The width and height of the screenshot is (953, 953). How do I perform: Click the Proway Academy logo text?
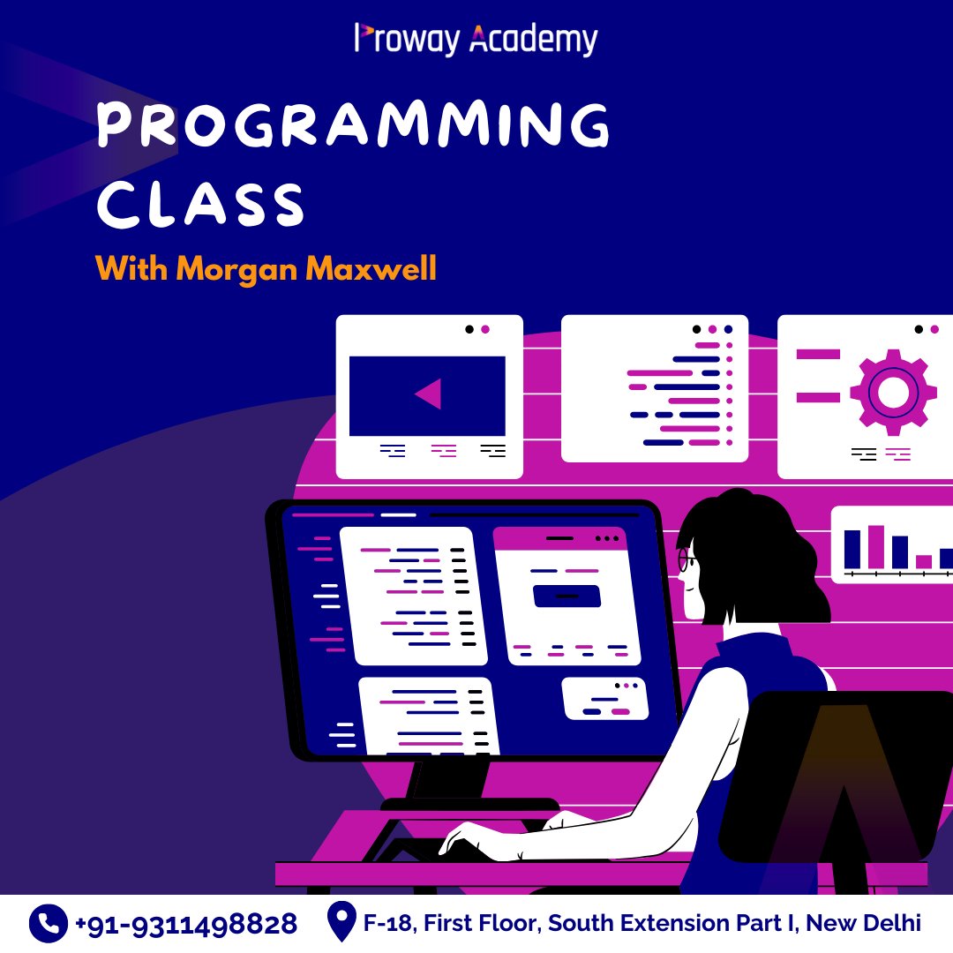tap(476, 40)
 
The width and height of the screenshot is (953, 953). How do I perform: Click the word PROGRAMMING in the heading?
tap(353, 126)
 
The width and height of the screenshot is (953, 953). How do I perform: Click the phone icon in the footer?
tap(48, 924)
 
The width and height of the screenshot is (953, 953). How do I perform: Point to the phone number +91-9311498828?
tap(185, 924)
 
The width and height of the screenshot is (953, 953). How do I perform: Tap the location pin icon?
tap(340, 922)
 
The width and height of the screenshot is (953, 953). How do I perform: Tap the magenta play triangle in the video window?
tap(429, 394)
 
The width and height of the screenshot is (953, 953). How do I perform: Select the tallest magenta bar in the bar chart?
tap(875, 547)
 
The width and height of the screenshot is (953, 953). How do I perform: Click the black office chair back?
tap(838, 777)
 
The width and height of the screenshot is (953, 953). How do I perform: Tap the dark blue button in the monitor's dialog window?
tap(567, 597)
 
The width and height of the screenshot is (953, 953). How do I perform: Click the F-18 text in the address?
tap(389, 924)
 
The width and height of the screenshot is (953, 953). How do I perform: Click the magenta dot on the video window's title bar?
tap(485, 329)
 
